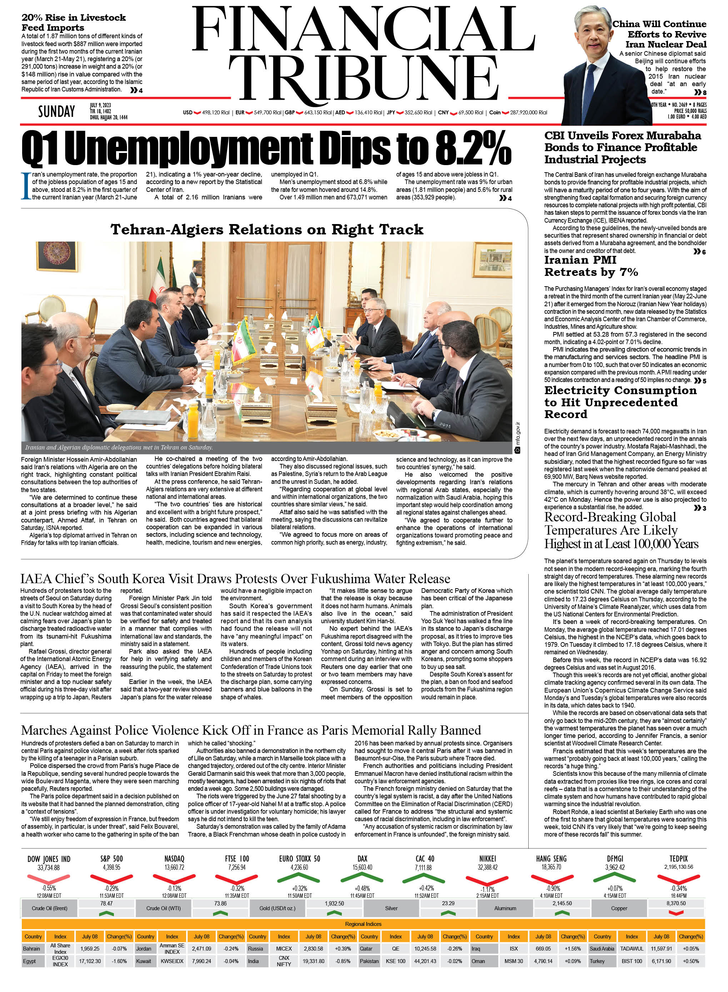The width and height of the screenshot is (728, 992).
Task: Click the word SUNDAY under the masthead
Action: pyautogui.click(x=56, y=111)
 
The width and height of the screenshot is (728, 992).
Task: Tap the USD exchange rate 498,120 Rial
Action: pyautogui.click(x=215, y=113)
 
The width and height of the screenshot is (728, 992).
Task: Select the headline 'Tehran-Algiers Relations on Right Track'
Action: pyautogui.click(x=266, y=230)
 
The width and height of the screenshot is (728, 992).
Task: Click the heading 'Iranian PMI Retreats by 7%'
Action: pyautogui.click(x=590, y=266)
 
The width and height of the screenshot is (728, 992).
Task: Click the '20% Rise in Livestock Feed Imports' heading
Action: pyautogui.click(x=74, y=23)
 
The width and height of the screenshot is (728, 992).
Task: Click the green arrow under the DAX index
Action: pyautogui.click(x=362, y=878)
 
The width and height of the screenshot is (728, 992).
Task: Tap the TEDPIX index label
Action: pyautogui.click(x=678, y=858)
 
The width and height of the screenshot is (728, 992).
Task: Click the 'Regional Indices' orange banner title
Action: pyautogui.click(x=363, y=924)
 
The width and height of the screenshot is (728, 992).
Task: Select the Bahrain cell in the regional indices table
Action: pyautogui.click(x=32, y=949)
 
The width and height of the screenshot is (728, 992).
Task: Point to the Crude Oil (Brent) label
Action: pyautogui.click(x=49, y=908)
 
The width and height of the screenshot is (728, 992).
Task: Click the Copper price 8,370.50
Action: pyautogui.click(x=675, y=903)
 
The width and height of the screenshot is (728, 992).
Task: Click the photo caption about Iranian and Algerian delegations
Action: pyautogui.click(x=119, y=447)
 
